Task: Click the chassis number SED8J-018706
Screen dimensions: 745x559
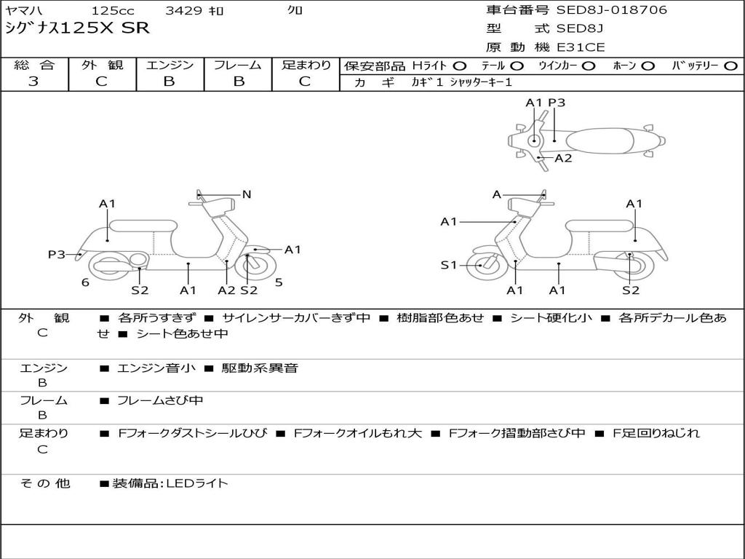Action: [611, 10]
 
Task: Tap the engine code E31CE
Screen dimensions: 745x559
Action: [581, 47]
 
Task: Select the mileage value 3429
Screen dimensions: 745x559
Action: [185, 11]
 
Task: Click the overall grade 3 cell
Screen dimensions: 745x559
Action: [33, 82]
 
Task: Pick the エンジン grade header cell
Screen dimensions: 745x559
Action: [170, 65]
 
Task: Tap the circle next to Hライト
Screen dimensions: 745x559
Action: [460, 66]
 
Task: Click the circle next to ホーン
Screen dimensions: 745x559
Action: [648, 66]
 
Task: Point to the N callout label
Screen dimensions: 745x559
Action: [246, 194]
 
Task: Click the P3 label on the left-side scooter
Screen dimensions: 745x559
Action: [57, 254]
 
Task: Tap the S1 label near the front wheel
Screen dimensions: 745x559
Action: [449, 265]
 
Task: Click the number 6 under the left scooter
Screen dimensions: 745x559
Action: [85, 282]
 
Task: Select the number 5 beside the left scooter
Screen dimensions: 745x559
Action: [279, 282]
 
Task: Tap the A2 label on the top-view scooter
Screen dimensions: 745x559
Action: [563, 158]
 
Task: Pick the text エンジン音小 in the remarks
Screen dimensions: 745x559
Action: [156, 368]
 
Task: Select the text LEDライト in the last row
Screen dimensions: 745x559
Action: [198, 483]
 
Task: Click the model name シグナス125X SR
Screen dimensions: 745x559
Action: [77, 28]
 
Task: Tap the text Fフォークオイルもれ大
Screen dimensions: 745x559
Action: [357, 433]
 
